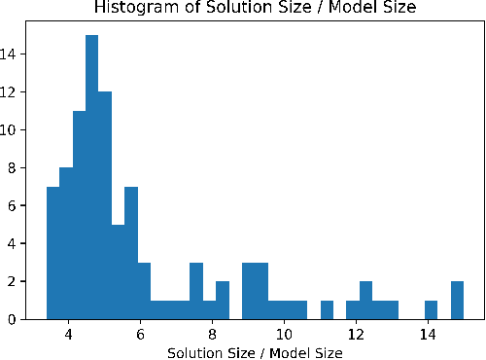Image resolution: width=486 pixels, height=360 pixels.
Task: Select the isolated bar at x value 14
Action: (431, 309)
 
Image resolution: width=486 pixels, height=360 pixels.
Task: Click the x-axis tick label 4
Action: (69, 334)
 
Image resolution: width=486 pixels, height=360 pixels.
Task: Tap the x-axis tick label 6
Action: (141, 334)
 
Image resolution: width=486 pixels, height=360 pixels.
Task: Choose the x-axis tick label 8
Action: (212, 334)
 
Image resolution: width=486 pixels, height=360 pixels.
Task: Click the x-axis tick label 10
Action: (284, 334)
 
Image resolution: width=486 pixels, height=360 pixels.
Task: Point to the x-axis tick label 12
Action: (356, 334)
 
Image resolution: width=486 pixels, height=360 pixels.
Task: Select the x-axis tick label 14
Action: (428, 334)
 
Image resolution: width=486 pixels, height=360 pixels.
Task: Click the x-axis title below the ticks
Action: (255, 351)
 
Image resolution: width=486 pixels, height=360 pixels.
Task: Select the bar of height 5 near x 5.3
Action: (119, 271)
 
